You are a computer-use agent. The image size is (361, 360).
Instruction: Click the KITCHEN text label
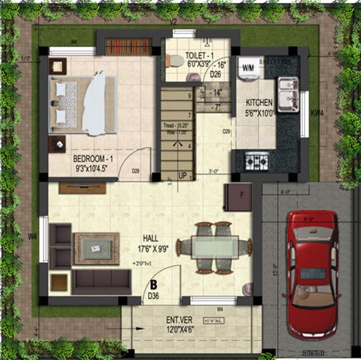[x=259, y=102]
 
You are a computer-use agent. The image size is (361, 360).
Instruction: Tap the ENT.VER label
[x=179, y=320]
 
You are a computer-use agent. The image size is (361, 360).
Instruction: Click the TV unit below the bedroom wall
[x=83, y=187]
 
